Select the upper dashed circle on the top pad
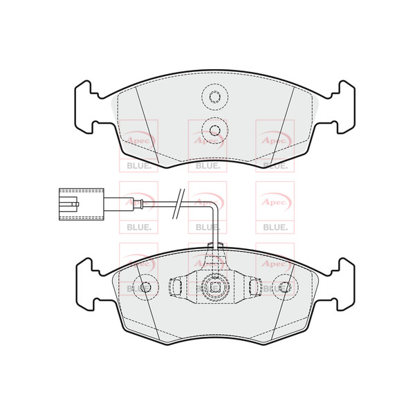pos(214,97)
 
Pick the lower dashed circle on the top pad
pos(214,130)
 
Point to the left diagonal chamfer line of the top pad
pos(147,124)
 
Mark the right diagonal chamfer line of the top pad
pos(283,124)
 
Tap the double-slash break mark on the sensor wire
pos(178,204)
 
